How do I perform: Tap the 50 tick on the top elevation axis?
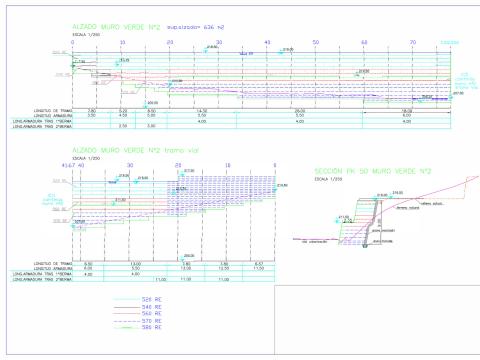point(316,43)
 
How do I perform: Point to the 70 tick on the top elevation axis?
point(412,43)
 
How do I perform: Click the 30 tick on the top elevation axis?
point(219,43)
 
